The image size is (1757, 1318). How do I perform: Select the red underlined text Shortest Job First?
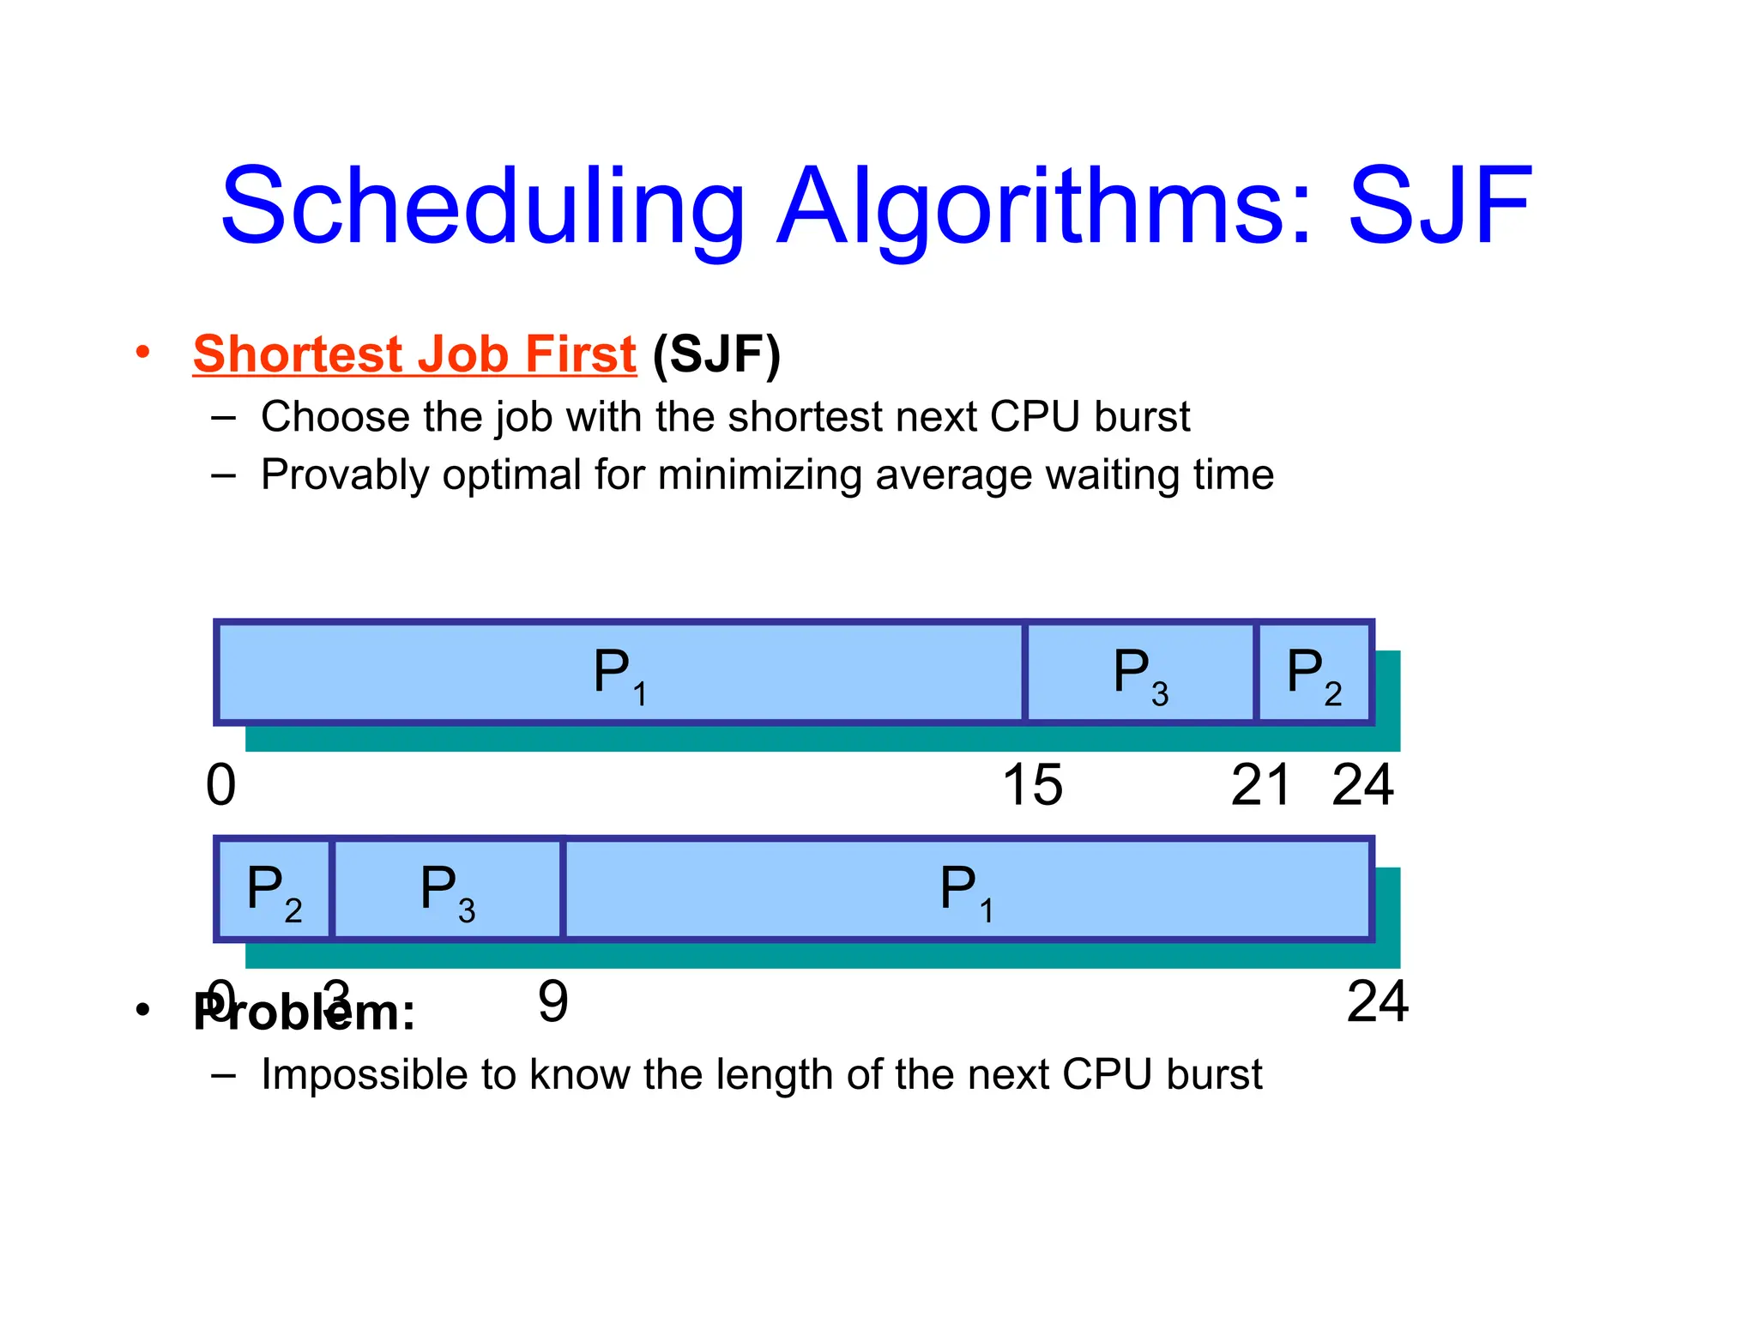click(414, 354)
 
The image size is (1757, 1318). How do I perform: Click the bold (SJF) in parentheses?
click(716, 354)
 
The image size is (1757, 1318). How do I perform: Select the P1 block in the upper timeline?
click(620, 673)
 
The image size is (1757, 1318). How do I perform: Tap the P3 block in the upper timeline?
click(1140, 673)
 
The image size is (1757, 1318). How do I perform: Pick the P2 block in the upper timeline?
click(1313, 673)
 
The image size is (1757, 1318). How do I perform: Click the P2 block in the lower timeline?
click(274, 889)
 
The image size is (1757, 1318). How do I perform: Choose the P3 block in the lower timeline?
click(447, 889)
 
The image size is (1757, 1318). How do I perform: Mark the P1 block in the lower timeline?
click(967, 889)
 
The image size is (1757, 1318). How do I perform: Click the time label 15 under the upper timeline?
click(1032, 785)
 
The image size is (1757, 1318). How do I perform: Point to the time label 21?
click(1260, 785)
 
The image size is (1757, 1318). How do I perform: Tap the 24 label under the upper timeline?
click(1362, 785)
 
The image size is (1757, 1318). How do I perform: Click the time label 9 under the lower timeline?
click(552, 1001)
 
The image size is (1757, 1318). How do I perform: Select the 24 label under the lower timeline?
click(1377, 1001)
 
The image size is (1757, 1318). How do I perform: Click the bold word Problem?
click(305, 1013)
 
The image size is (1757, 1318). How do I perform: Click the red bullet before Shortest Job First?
click(143, 352)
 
